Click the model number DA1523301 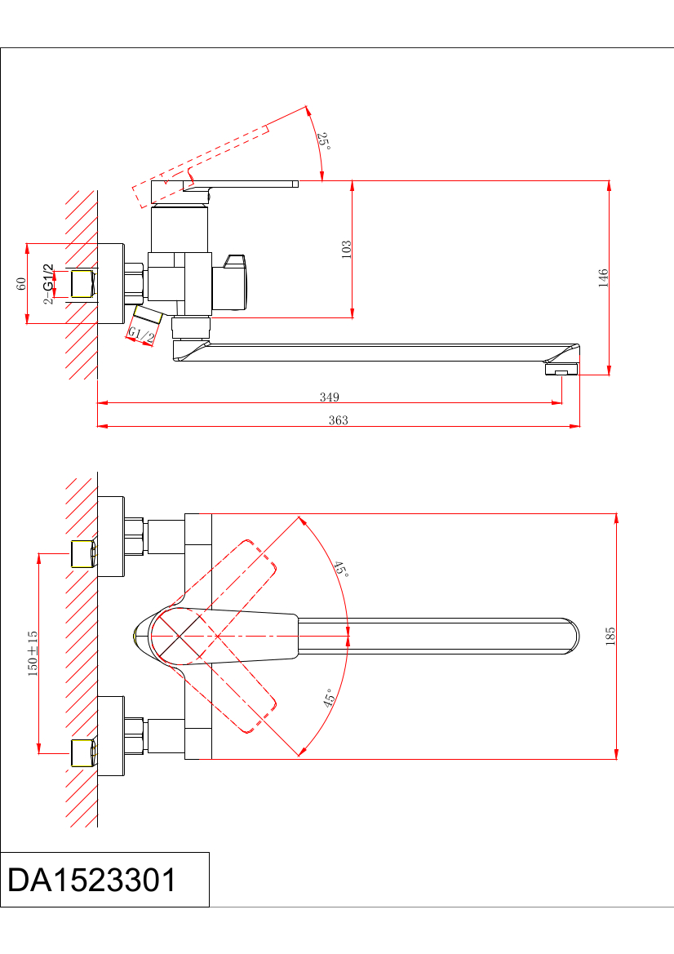91,881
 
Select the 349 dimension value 329,397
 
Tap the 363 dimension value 338,421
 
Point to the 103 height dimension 347,248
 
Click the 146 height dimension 604,277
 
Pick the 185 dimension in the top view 610,636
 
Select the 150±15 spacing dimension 33,652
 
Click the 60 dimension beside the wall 22,283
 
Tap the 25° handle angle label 324,140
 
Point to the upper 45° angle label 341,569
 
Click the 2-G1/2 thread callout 49,283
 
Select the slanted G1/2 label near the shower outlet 141,335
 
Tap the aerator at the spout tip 561,371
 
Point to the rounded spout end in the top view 568,637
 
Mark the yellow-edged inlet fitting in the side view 82,284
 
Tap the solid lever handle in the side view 245,184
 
